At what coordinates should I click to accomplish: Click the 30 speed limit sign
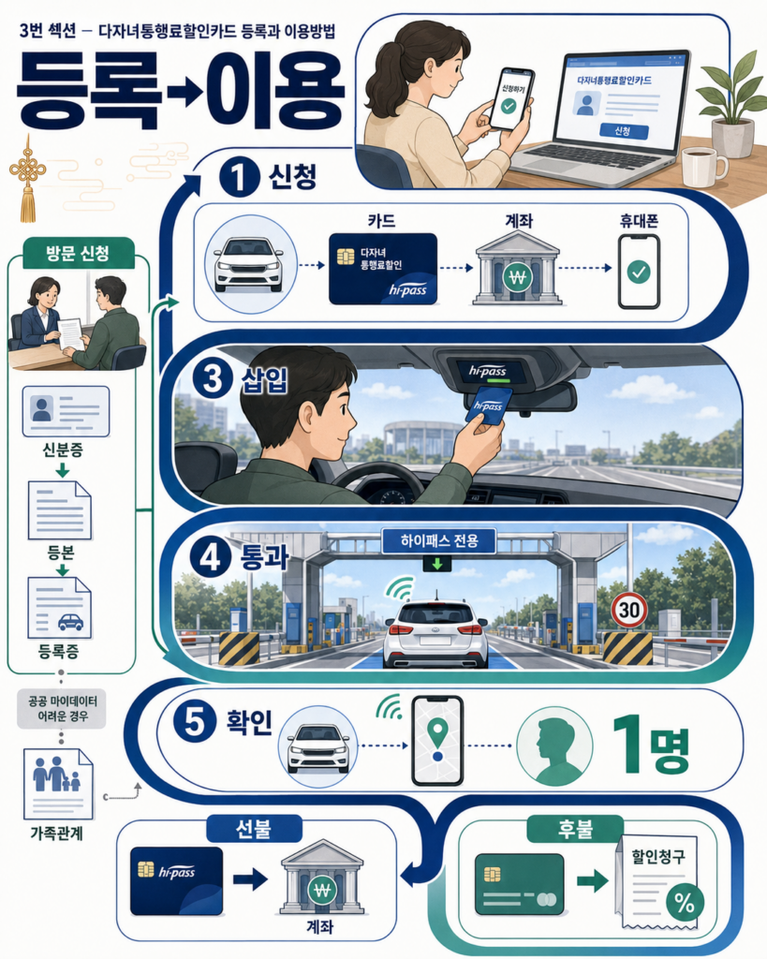(x=629, y=609)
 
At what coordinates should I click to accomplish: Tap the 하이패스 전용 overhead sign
(x=438, y=540)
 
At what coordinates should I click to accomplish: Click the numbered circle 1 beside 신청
(x=239, y=177)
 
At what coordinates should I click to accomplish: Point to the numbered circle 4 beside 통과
(x=211, y=558)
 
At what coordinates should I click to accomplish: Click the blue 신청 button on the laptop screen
(x=624, y=131)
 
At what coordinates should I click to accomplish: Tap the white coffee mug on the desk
(x=703, y=166)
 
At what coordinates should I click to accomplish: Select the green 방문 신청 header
(x=78, y=253)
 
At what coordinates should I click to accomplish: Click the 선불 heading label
(x=254, y=829)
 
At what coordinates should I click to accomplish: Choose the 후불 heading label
(x=575, y=829)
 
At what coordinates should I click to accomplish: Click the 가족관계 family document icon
(x=58, y=784)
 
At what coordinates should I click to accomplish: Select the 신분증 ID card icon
(x=66, y=411)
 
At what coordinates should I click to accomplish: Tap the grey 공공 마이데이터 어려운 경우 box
(x=61, y=709)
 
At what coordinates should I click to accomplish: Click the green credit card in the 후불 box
(x=519, y=884)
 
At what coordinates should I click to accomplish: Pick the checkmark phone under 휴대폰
(x=639, y=271)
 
